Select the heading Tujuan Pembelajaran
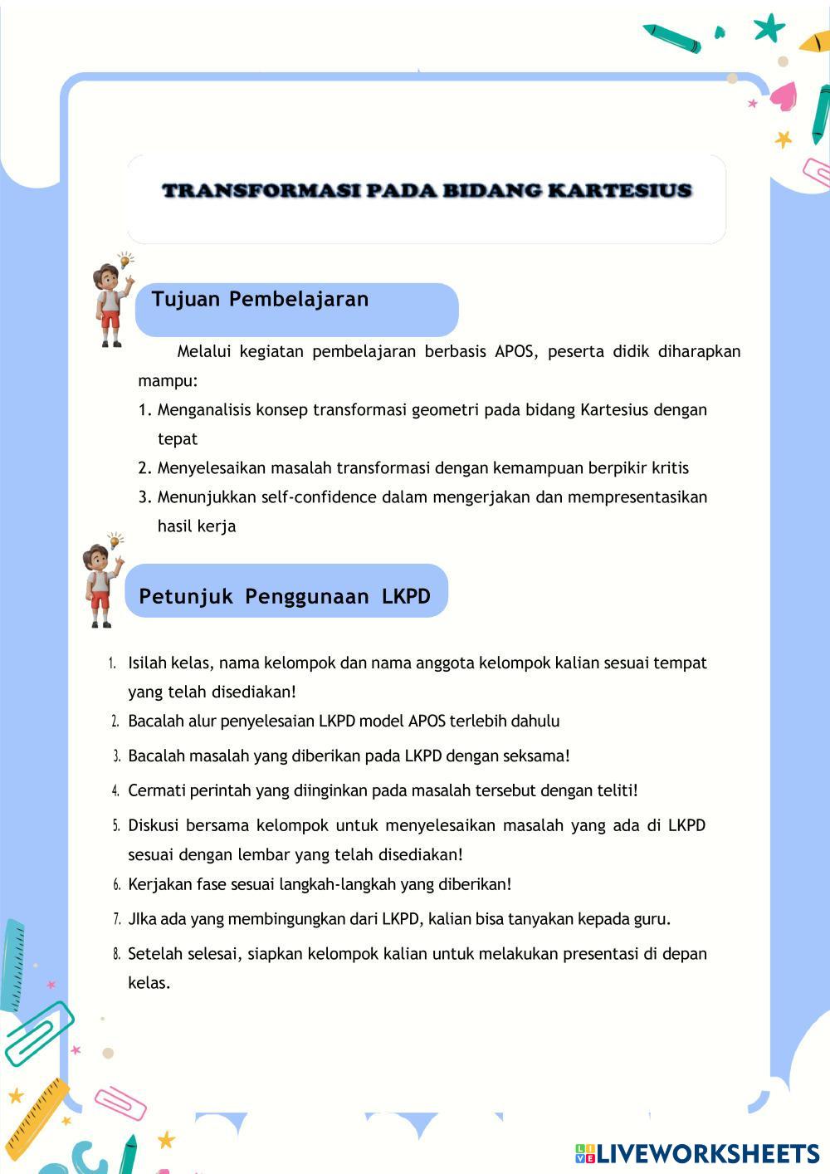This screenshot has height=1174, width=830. click(x=260, y=299)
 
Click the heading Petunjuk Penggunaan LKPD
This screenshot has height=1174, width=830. click(x=285, y=596)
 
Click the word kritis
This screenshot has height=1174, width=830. click(x=670, y=468)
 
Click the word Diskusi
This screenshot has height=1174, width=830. click(x=152, y=825)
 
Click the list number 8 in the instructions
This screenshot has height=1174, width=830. click(x=116, y=955)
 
